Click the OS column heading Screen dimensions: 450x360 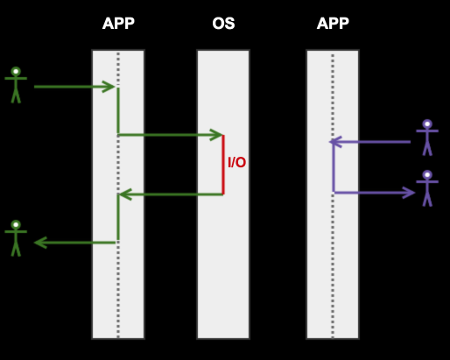click(223, 24)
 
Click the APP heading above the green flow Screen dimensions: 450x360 click(118, 24)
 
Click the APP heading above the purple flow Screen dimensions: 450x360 click(333, 24)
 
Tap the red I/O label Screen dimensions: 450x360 click(236, 162)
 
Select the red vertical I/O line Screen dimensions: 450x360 click(223, 165)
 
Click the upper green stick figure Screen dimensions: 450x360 click(16, 85)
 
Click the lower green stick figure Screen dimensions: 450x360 click(16, 238)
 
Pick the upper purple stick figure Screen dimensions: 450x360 click(427, 138)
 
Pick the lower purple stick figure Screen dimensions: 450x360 click(427, 188)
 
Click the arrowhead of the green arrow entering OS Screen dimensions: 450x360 click(218, 135)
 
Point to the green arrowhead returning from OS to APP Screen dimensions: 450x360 click(125, 194)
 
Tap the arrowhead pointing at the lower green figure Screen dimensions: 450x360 click(40, 243)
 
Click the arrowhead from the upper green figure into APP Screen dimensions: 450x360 click(109, 87)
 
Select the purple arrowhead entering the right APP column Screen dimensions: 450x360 click(335, 142)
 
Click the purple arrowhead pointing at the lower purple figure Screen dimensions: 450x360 click(409, 193)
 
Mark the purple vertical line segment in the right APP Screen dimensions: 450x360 click(334, 167)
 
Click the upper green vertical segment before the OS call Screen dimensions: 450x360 click(118, 111)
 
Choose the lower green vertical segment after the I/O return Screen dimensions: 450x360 click(118, 217)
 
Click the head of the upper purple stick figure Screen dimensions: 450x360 click(427, 124)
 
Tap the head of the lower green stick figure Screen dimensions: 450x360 click(16, 225)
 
